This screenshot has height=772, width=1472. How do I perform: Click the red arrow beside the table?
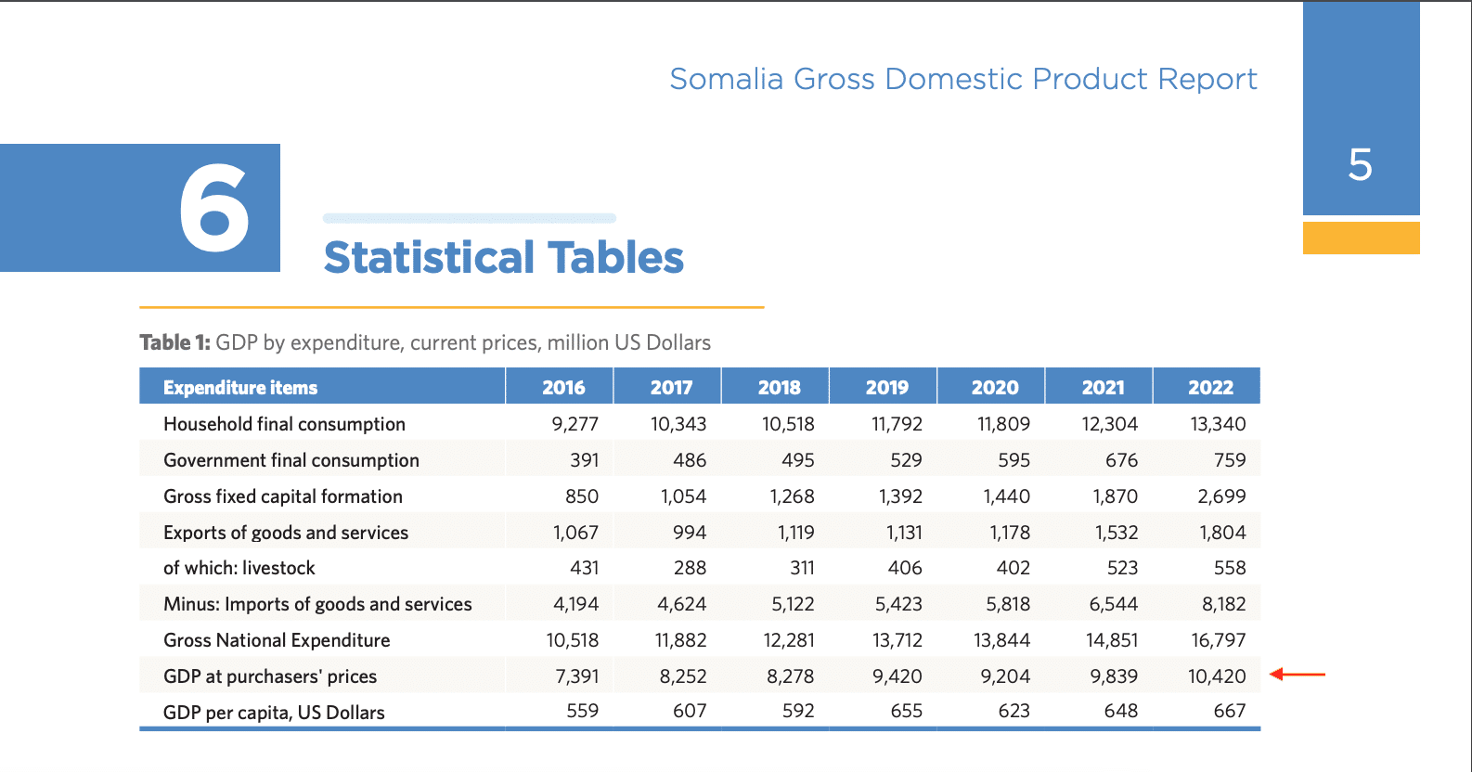coord(1298,675)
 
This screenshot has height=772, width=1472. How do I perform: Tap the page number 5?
coord(1360,165)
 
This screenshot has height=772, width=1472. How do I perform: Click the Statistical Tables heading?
coord(503,258)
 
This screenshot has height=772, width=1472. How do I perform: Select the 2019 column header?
coord(886,388)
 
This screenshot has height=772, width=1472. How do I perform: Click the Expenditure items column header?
coord(240,388)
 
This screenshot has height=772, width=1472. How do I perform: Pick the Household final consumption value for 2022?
coord(1218,424)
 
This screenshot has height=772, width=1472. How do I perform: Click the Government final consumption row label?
coord(291,460)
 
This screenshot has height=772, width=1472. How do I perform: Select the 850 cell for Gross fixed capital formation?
coord(582,496)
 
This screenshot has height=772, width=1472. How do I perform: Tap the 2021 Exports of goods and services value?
coord(1116,533)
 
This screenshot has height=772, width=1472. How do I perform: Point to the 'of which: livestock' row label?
coord(239,568)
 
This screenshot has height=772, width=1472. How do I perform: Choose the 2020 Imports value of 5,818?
coord(1008,604)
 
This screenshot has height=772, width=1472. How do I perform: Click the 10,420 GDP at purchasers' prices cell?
coord(1217,676)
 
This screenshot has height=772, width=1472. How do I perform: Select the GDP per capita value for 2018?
coord(797,711)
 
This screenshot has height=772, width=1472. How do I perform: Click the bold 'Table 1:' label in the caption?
coord(174,342)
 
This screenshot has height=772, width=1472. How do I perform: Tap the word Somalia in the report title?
coord(727,79)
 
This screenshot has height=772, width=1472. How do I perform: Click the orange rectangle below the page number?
coord(1361,238)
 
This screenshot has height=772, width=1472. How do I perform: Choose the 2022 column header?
coord(1210,388)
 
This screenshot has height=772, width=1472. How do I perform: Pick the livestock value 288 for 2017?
coord(690,568)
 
